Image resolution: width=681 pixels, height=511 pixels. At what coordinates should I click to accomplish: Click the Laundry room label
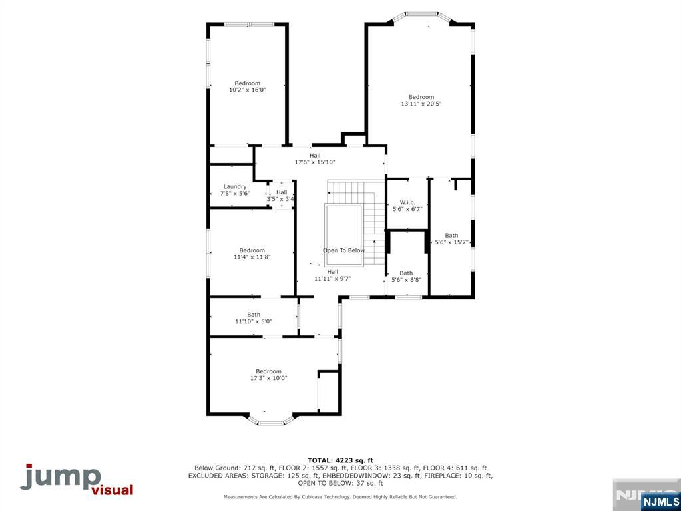click(x=235, y=186)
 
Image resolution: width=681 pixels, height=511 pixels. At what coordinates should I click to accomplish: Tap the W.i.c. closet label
click(x=407, y=202)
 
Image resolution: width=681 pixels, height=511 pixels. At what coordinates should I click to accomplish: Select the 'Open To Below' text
click(x=343, y=250)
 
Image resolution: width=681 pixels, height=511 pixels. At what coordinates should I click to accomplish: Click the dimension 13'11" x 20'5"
click(x=421, y=104)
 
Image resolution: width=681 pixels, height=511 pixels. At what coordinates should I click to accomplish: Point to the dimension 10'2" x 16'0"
click(x=247, y=90)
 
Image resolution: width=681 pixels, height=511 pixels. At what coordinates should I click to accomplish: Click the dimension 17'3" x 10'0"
click(x=268, y=378)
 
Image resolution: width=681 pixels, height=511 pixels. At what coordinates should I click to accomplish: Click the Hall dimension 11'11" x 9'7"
click(x=332, y=279)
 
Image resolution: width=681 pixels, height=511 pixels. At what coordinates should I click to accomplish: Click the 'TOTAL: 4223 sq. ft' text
click(x=340, y=460)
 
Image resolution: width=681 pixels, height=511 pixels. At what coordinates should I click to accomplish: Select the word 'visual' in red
click(x=111, y=491)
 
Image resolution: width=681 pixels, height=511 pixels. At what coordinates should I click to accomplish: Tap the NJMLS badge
click(x=660, y=501)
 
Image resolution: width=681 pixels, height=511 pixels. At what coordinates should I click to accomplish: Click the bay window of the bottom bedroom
click(x=271, y=421)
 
